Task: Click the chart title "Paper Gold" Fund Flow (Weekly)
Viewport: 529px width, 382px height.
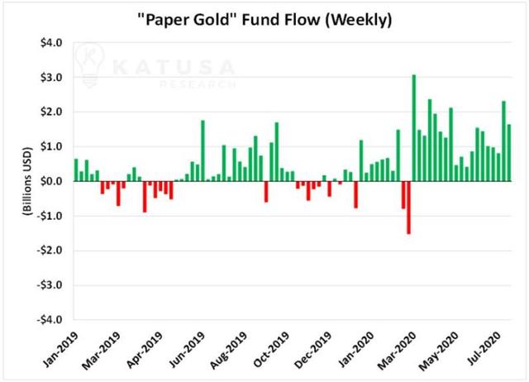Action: pyautogui.click(x=264, y=18)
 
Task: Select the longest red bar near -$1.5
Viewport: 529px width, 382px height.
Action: pyautogui.click(x=408, y=208)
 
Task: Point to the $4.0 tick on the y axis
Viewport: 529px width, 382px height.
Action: pyautogui.click(x=52, y=43)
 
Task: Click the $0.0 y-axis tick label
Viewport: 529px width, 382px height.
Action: pyautogui.click(x=52, y=181)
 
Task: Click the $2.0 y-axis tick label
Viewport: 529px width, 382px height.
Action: pyautogui.click(x=52, y=112)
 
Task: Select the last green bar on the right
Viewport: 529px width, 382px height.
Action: pyautogui.click(x=508, y=153)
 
